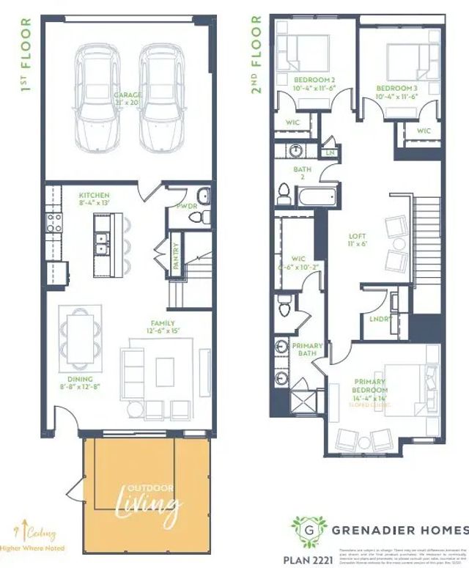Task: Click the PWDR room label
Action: click(186, 207)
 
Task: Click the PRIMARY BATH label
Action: click(307, 350)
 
